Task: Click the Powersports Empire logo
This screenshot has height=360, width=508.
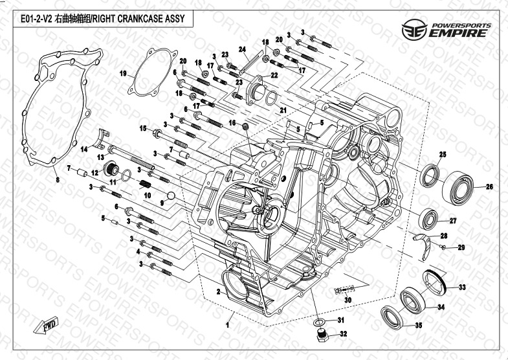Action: tap(446, 30)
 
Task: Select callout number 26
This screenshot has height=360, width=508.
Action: tap(489, 187)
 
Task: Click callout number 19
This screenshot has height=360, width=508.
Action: tap(122, 73)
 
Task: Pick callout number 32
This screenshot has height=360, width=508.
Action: tap(344, 335)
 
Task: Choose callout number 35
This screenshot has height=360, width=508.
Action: tap(418, 326)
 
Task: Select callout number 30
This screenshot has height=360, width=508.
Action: tap(348, 300)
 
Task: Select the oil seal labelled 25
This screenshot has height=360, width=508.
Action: tap(430, 175)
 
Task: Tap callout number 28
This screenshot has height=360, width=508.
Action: tap(444, 236)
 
